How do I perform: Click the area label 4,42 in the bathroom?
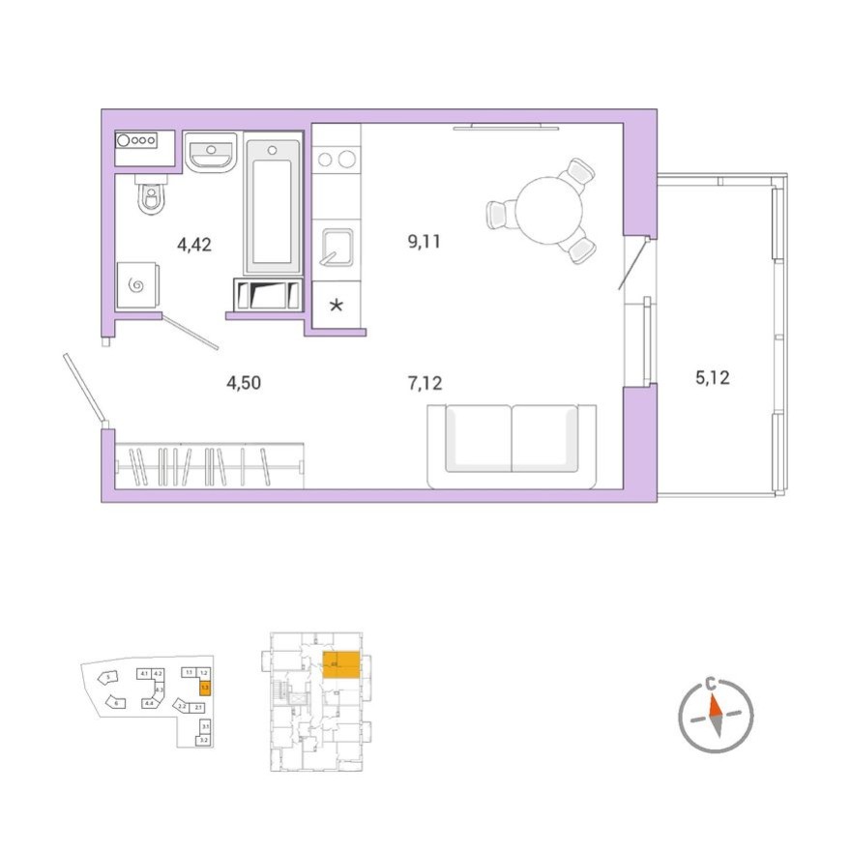193,245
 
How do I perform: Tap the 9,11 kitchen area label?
424,242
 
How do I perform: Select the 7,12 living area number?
425,384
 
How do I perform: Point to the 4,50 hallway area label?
244,384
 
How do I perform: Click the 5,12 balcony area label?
712,377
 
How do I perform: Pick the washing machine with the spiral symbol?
136,285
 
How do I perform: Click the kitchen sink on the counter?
337,248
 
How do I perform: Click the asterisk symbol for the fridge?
337,307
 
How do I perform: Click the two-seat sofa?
512,446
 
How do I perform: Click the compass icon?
715,716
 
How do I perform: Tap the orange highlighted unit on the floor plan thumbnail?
341,665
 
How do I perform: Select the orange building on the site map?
205,688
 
